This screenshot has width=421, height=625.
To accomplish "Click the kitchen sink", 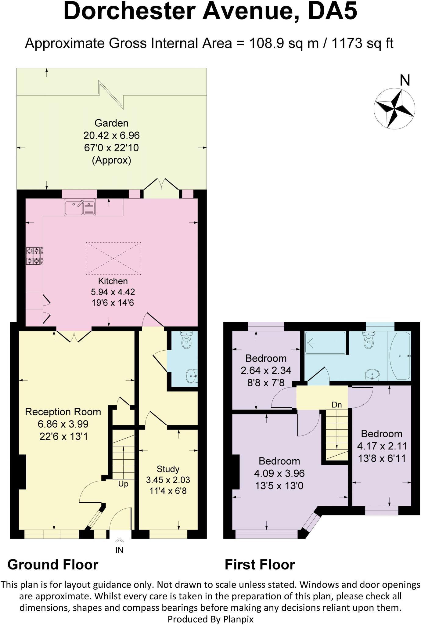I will tap(80, 207).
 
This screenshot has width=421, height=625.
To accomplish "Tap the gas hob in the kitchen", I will tap(34, 256).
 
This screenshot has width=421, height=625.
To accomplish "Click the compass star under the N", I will tap(394, 108).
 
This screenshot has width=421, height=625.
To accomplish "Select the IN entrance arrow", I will tap(119, 542).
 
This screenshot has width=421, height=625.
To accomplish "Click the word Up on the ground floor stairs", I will tap(123, 484).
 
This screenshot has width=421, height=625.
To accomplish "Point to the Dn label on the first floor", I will tap(337, 405).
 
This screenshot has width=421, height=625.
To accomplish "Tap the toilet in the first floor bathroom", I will tap(369, 340).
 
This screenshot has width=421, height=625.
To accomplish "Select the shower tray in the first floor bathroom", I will tap(326, 343).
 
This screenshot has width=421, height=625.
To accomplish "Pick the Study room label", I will tap(168, 469).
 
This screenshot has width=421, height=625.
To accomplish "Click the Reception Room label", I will tap(63, 412).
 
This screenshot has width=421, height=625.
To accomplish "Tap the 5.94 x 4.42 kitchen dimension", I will tap(113, 292).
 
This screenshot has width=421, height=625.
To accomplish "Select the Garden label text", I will tap(111, 123).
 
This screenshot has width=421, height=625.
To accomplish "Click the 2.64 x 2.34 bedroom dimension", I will tap(266, 370).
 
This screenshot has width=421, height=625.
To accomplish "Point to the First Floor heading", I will tap(260, 565).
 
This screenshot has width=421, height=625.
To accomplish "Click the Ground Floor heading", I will tap(53, 565).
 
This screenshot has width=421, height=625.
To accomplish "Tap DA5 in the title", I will tap(332, 12).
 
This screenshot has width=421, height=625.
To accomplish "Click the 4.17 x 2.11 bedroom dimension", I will tap(382, 446).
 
